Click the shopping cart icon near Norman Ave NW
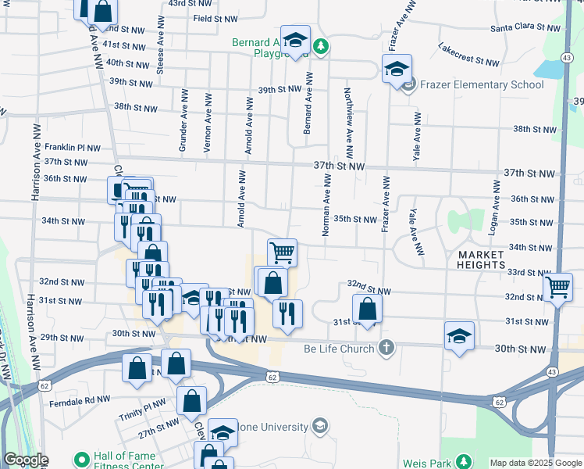click(x=282, y=252)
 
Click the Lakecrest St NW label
click(x=468, y=54)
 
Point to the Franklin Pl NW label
click(x=73, y=146)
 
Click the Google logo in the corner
click(x=26, y=460)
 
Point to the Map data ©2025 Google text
click(x=535, y=463)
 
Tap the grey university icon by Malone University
click(x=319, y=426)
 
